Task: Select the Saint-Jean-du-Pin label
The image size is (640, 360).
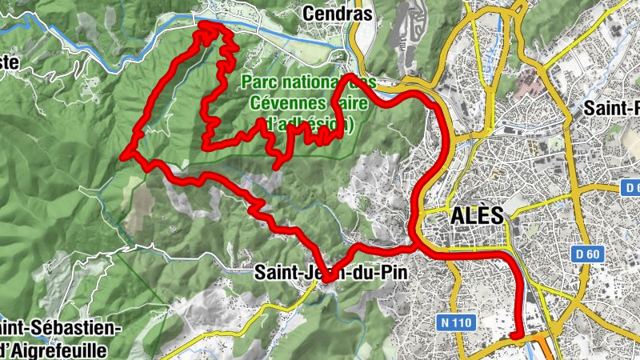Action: click(x=330, y=272)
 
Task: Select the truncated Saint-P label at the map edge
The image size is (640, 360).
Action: click(x=612, y=107)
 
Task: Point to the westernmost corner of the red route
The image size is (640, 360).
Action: click(x=124, y=155)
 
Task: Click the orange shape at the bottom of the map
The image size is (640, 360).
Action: click(x=546, y=348)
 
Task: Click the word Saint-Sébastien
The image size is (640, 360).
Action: click(x=60, y=329)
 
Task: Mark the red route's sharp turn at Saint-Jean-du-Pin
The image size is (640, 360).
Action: click(x=326, y=278)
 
